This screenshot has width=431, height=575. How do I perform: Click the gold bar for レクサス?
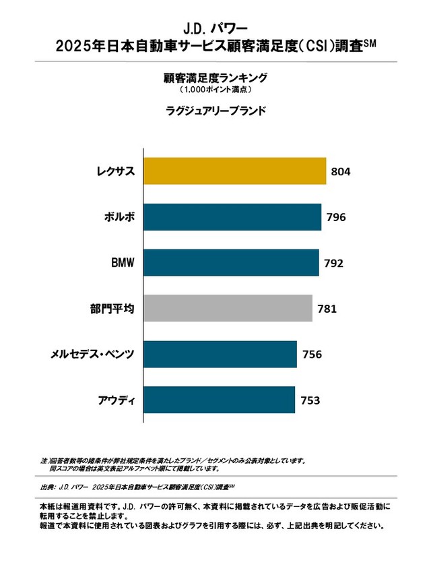[235, 171]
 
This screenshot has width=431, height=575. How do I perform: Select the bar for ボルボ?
[232, 217]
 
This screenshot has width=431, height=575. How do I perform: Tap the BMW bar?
[231, 263]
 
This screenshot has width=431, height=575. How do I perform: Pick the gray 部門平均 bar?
[228, 309]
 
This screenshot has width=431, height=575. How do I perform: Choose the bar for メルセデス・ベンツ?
[220, 355]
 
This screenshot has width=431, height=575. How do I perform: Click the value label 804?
[341, 172]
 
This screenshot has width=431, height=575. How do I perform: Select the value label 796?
[335, 218]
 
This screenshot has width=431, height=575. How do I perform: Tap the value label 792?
[333, 264]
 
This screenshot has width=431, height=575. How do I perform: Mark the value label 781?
[327, 309]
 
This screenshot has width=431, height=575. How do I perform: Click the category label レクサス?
[115, 171]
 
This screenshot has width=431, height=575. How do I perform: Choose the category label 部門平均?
[113, 309]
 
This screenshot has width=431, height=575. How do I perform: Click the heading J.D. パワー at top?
[215, 28]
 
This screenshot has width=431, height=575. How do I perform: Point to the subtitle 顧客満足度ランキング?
[215, 78]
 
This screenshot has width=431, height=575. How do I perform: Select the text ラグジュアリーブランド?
[215, 109]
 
